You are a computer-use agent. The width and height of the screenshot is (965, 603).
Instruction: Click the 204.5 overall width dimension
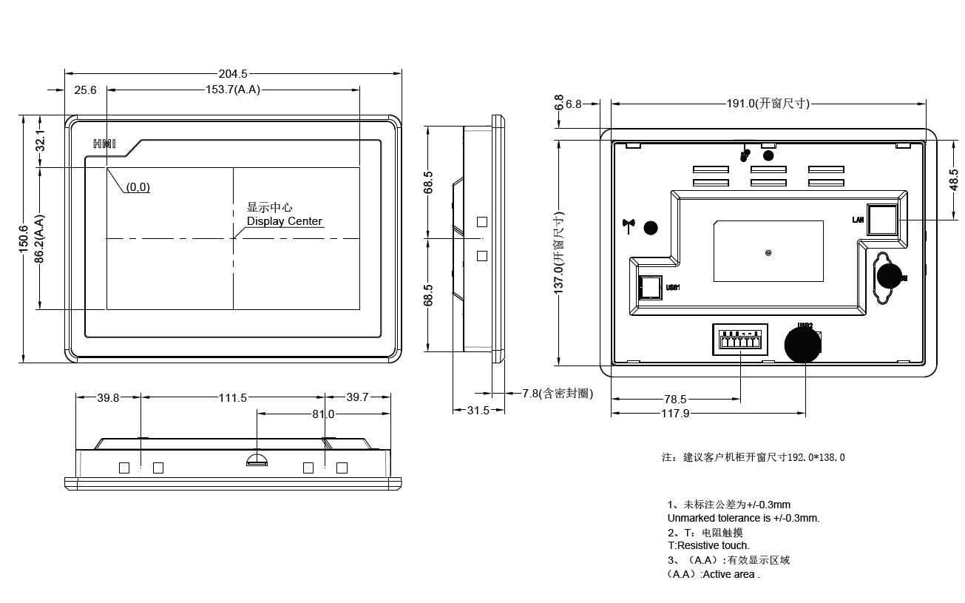[232, 74]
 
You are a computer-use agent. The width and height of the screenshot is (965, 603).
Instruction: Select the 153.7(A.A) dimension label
[233, 90]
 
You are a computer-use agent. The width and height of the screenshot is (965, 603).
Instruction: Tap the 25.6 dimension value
[85, 90]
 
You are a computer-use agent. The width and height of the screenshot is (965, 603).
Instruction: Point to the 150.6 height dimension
[24, 239]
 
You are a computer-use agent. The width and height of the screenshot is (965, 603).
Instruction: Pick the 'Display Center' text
[285, 221]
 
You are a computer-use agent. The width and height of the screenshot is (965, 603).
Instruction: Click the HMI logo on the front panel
[104, 144]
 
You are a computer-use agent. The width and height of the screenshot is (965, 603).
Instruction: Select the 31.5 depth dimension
[478, 411]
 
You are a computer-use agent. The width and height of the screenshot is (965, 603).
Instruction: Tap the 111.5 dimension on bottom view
[232, 398]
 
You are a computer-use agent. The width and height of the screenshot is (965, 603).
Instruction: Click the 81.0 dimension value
[322, 414]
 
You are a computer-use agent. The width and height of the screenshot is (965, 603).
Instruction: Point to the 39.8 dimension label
[108, 398]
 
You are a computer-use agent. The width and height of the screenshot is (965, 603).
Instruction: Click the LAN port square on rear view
[881, 220]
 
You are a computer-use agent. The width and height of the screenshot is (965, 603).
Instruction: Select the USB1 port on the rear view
[649, 286]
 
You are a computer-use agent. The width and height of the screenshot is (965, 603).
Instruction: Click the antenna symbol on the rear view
[630, 226]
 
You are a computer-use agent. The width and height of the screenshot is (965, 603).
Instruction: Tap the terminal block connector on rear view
[739, 343]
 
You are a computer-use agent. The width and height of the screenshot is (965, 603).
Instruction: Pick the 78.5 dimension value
[675, 400]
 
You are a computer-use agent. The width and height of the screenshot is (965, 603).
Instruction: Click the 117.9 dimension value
[675, 414]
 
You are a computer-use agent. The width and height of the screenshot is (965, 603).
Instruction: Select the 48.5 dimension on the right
[953, 180]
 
